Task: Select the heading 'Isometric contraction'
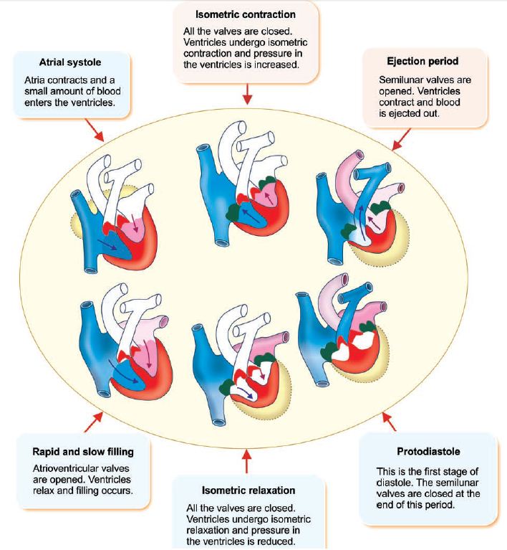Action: (x=246, y=14)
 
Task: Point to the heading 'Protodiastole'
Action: (x=428, y=452)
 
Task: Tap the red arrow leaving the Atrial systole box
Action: (x=94, y=129)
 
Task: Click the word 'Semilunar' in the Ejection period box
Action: (x=400, y=80)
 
